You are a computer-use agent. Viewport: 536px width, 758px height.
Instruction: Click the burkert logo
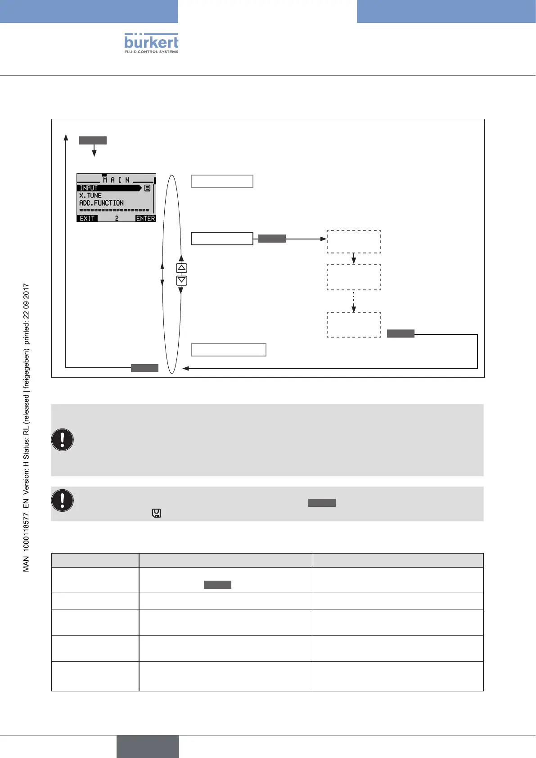click(x=151, y=41)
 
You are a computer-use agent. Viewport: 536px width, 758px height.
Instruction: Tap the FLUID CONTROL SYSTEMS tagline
click(x=151, y=52)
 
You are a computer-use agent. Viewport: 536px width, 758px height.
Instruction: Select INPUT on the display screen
click(x=89, y=188)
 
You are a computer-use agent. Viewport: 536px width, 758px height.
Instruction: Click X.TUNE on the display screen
click(x=90, y=195)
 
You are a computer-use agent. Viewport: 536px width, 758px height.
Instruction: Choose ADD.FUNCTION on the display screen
click(x=101, y=203)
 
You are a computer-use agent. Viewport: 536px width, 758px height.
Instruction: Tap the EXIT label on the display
click(x=87, y=218)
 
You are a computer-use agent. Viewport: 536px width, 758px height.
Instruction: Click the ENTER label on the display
click(x=145, y=218)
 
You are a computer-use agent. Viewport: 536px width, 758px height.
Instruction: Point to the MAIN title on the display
click(x=116, y=180)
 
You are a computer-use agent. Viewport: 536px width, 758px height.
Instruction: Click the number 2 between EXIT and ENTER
click(x=117, y=218)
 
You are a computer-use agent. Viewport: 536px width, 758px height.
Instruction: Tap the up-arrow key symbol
click(x=181, y=268)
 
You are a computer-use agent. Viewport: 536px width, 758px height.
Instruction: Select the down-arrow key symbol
click(x=181, y=280)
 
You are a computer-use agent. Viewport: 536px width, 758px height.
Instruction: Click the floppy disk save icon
click(x=157, y=513)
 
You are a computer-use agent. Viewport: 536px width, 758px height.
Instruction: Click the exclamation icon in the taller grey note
click(x=63, y=440)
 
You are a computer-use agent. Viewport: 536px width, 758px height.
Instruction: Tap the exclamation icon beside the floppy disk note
click(x=63, y=501)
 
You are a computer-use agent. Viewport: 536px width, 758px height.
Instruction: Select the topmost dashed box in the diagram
click(x=354, y=242)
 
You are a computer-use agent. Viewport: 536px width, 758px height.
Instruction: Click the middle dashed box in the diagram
click(x=354, y=277)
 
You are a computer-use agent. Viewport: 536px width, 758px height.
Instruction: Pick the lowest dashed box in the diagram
click(x=354, y=325)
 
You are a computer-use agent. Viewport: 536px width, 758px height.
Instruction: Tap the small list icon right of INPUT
click(x=147, y=188)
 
